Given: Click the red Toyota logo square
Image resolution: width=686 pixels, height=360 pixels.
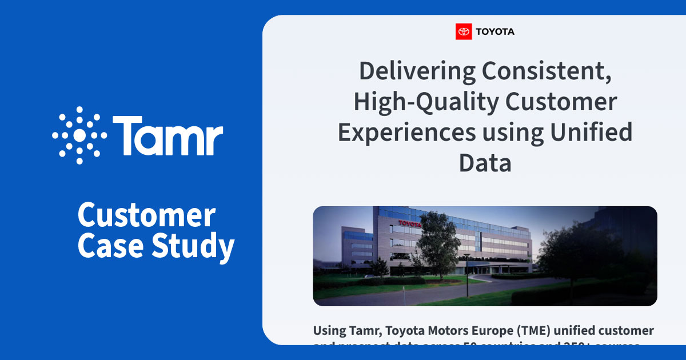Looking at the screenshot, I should pos(464,31).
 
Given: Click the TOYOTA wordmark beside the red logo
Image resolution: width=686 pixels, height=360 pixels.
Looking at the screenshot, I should pos(495,32).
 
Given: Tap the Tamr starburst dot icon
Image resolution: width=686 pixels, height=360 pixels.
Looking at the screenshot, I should pos(79,135).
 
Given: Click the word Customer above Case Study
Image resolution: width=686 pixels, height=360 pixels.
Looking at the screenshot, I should pos(146,217).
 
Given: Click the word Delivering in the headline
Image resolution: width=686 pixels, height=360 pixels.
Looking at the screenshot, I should pos(417,71).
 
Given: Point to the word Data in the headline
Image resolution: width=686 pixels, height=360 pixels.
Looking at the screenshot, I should pos(485,163).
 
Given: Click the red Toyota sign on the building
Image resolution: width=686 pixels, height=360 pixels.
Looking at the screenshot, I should pos(409,223).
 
